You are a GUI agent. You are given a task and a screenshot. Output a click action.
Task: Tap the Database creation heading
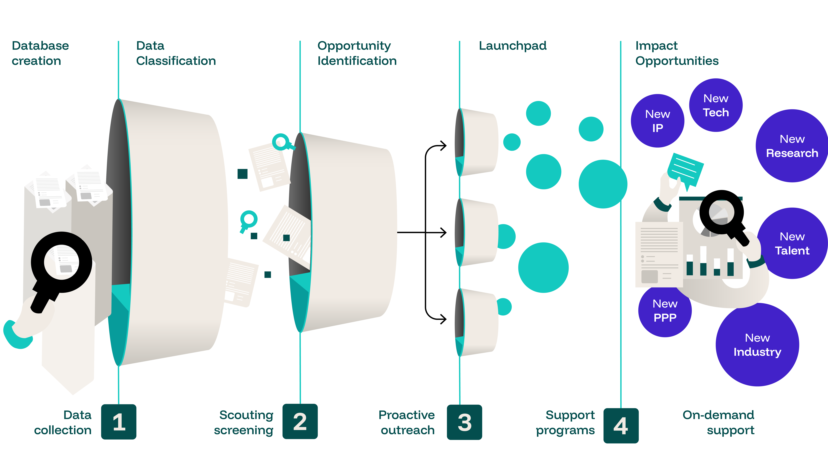click(40, 53)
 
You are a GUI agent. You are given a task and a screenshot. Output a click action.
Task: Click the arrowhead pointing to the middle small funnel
click(444, 232)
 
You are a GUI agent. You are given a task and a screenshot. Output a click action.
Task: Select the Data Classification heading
click(176, 53)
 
